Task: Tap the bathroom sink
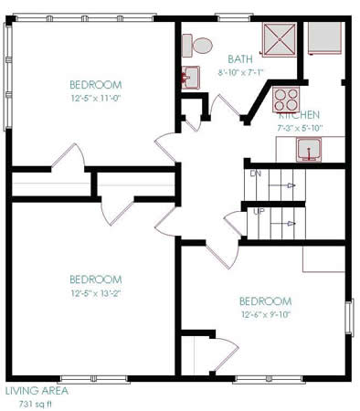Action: (x=190, y=77)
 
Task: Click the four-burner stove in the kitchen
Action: (x=286, y=99)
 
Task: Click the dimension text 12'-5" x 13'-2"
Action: (x=94, y=293)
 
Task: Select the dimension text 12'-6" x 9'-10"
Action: (x=265, y=315)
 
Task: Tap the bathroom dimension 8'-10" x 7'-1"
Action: (x=240, y=71)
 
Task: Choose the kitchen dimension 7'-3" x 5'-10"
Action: (x=299, y=129)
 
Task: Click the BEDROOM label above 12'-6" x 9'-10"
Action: (x=265, y=301)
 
